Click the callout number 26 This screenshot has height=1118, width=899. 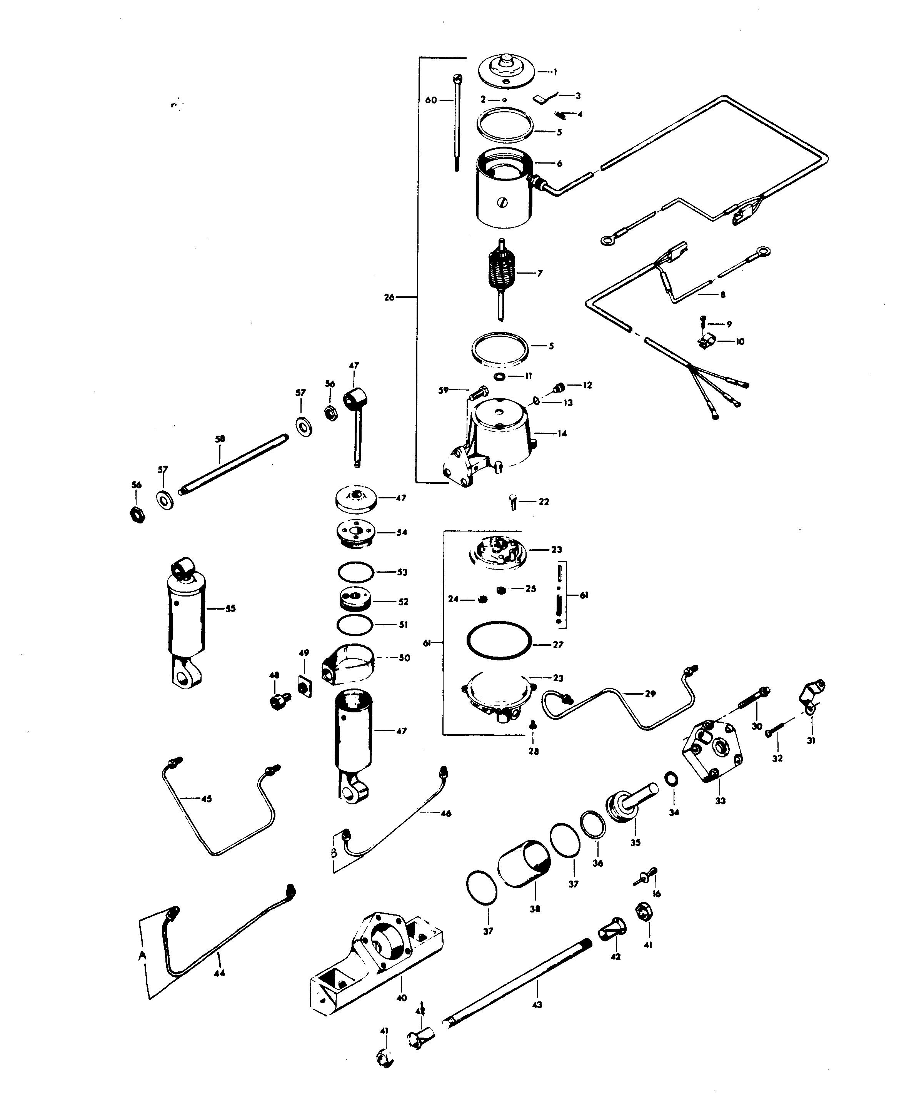(389, 297)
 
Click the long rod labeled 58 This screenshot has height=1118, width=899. (233, 465)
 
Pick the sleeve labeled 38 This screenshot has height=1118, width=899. (524, 864)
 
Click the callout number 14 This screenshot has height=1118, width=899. (562, 433)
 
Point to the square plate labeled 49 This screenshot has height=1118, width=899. (304, 688)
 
